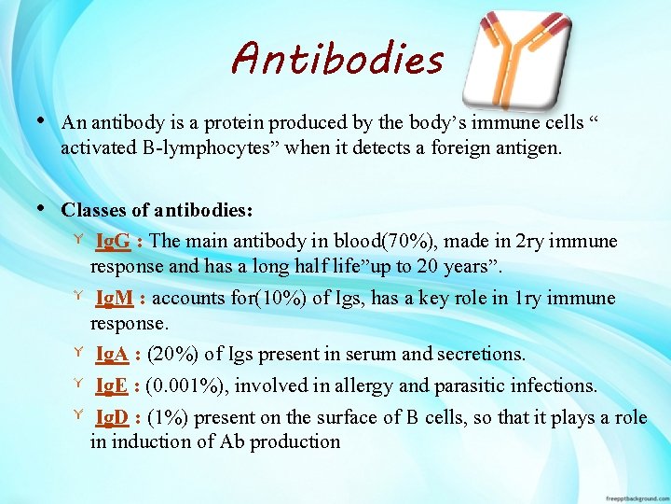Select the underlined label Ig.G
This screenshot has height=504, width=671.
click(113, 242)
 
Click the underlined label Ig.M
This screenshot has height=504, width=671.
click(115, 299)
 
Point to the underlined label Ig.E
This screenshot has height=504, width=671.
click(113, 386)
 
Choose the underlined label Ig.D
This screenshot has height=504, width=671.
click(114, 417)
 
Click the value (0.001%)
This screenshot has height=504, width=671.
click(189, 386)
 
